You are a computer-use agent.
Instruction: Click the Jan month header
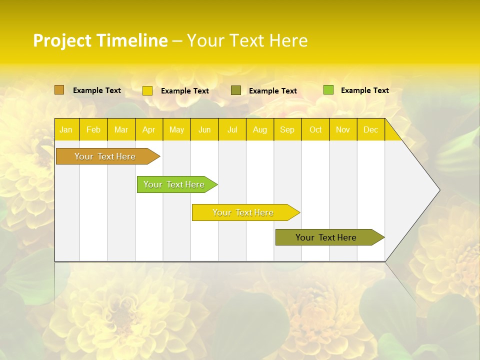(x=66, y=129)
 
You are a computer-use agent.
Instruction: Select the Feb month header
(x=93, y=129)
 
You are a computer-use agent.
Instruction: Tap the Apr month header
(x=148, y=129)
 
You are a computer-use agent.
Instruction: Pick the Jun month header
(x=204, y=129)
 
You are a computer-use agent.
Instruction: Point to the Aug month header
(x=259, y=129)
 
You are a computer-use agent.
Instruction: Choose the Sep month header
(x=287, y=129)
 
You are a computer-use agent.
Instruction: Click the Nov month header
(x=343, y=129)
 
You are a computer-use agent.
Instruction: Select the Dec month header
(x=370, y=129)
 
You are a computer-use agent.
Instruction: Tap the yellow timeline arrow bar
(x=243, y=212)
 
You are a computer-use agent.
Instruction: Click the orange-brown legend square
(x=59, y=90)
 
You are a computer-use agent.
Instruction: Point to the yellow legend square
(x=147, y=90)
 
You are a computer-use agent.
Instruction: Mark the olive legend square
(x=236, y=90)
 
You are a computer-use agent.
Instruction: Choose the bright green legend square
(x=328, y=90)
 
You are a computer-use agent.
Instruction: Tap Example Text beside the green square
(x=364, y=90)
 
